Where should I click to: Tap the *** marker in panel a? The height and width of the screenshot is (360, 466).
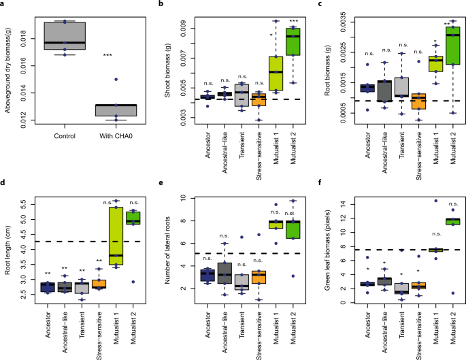106,55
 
